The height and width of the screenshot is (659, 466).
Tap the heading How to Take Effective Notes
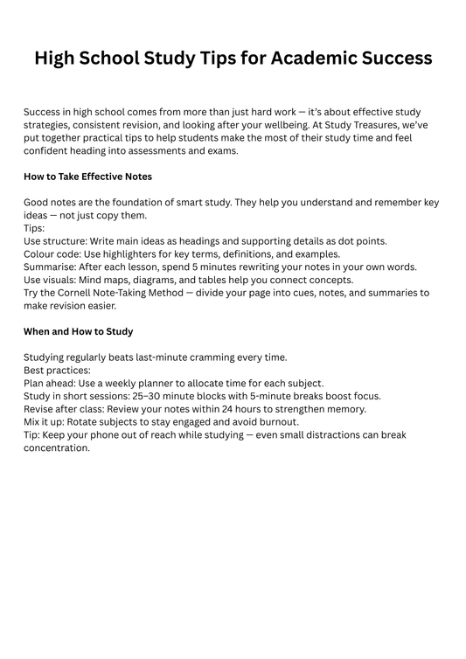tap(87, 177)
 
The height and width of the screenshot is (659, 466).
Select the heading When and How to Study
tap(78, 332)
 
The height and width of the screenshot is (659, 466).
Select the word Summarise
tap(52, 267)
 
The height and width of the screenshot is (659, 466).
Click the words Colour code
tap(52, 253)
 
